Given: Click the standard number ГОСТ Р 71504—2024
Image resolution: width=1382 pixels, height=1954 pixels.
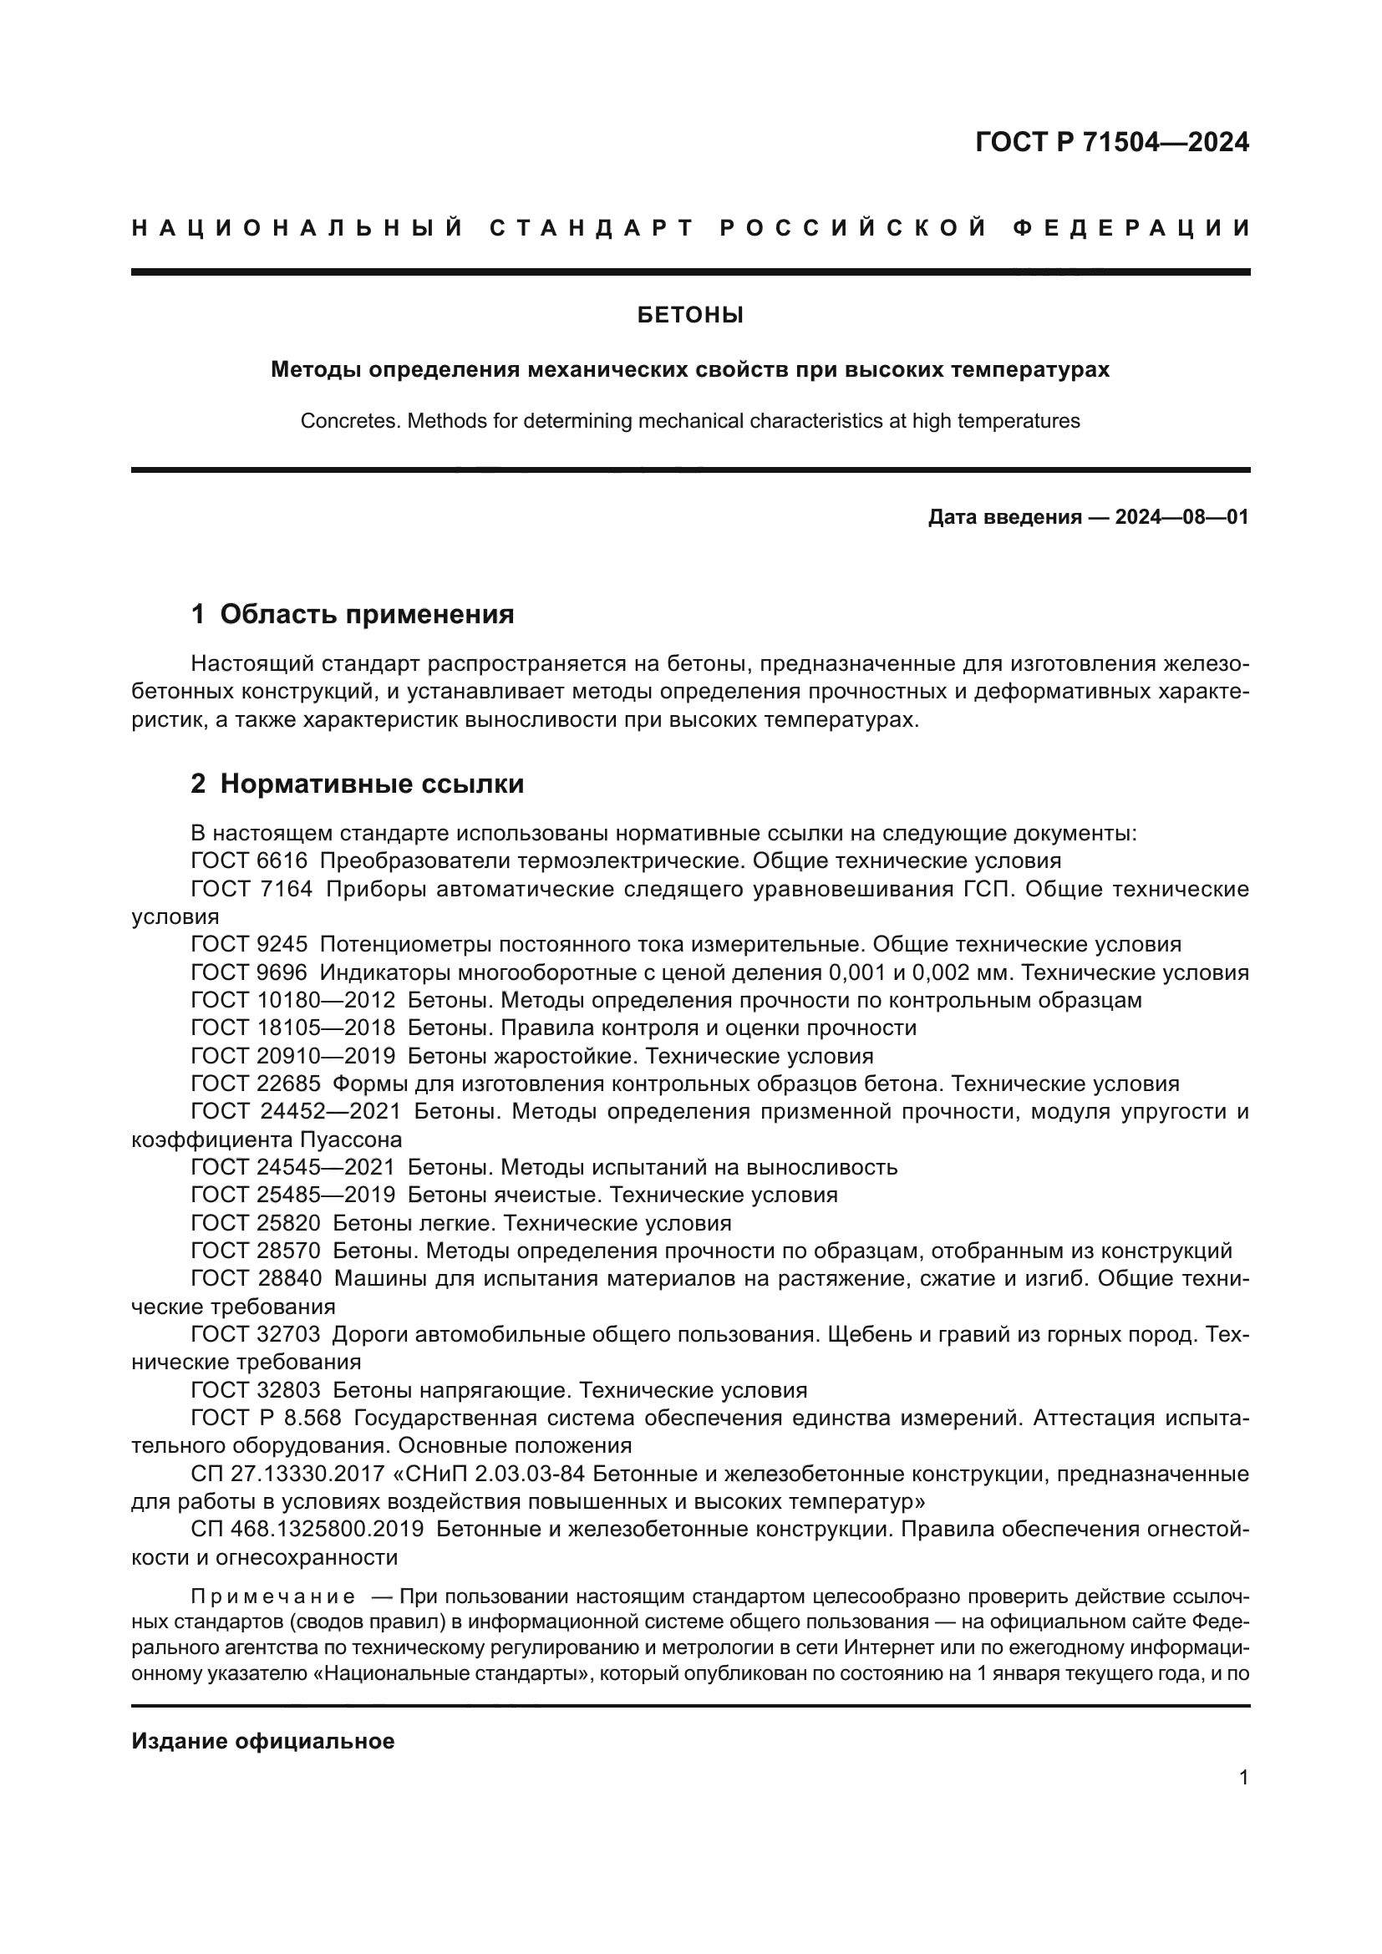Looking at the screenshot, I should click(x=1111, y=142).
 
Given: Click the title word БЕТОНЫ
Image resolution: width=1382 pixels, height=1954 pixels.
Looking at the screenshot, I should click(x=690, y=316).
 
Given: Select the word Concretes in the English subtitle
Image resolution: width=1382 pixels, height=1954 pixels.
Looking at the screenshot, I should click(x=349, y=421).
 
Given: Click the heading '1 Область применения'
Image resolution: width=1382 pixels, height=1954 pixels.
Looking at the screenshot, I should click(x=353, y=614).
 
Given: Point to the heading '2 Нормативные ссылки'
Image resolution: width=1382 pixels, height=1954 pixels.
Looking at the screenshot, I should click(x=357, y=784).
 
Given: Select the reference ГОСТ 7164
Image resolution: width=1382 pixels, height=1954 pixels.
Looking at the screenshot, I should click(x=251, y=890).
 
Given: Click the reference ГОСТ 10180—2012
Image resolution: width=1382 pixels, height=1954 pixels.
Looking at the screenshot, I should click(x=292, y=1000).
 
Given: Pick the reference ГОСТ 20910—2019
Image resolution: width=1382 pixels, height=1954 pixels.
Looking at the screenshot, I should click(x=292, y=1056).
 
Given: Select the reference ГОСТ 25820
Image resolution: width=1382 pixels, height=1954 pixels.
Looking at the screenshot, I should click(x=256, y=1223).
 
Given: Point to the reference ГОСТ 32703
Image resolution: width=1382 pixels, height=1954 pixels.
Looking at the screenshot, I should click(x=256, y=1333).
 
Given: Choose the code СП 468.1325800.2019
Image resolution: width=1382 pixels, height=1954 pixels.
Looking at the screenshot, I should click(x=307, y=1530).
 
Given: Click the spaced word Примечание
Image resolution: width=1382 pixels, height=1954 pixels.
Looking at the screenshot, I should click(x=273, y=1596).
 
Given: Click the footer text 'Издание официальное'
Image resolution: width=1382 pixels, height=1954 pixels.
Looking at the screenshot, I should click(x=263, y=1741).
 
